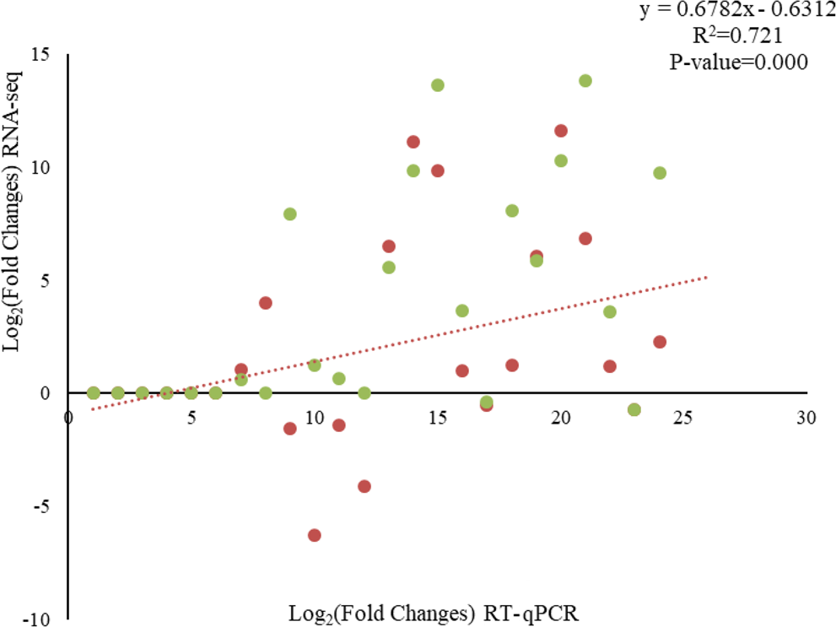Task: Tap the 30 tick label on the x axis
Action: click(x=806, y=417)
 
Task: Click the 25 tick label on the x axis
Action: click(x=683, y=417)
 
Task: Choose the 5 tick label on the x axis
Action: click(x=191, y=417)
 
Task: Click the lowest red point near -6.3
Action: click(x=315, y=535)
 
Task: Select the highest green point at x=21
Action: click(x=585, y=80)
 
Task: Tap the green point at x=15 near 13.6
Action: click(x=438, y=85)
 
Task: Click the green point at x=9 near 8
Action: click(x=290, y=214)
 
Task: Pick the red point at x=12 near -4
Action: click(x=364, y=486)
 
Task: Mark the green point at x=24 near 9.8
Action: click(x=660, y=173)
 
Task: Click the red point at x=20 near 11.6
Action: click(x=561, y=131)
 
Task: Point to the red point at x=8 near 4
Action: click(x=266, y=303)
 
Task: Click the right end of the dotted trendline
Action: click(x=707, y=277)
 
